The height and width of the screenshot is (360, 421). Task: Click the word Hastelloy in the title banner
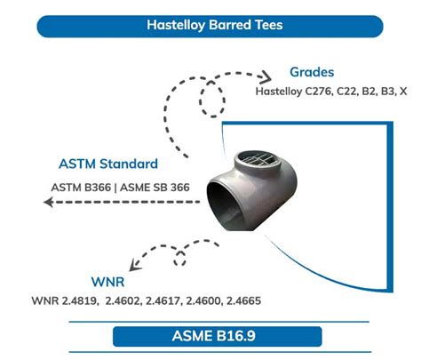(x=176, y=25)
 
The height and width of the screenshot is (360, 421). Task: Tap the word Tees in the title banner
(x=269, y=25)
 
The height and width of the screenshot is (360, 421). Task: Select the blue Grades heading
(x=312, y=72)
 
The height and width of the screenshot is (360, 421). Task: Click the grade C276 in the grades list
(x=318, y=92)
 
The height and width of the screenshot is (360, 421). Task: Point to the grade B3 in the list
(x=388, y=92)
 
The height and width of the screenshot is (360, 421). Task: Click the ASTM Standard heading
(x=108, y=164)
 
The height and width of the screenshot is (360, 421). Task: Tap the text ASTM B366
(x=81, y=188)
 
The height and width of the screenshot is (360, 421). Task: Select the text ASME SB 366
(x=155, y=188)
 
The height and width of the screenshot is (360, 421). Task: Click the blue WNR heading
(x=107, y=282)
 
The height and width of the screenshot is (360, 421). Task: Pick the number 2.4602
(x=123, y=300)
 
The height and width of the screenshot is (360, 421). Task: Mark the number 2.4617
(x=163, y=300)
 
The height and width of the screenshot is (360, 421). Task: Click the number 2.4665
(x=243, y=300)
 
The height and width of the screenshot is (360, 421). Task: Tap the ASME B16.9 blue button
(x=218, y=336)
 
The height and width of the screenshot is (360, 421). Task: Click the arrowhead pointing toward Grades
(x=266, y=77)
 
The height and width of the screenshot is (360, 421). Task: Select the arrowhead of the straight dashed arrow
(x=49, y=202)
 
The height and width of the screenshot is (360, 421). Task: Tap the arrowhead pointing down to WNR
(x=135, y=265)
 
